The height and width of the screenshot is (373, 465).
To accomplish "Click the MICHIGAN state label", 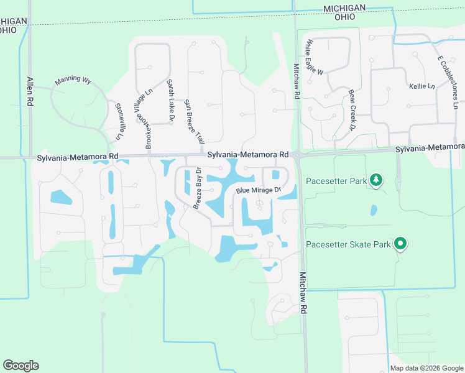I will [344, 7].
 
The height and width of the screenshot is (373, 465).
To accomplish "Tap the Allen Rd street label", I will [29, 91].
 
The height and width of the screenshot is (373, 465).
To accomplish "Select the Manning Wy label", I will [73, 81].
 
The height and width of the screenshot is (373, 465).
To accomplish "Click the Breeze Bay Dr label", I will [197, 188].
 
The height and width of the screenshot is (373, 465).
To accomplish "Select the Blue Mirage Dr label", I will [259, 190].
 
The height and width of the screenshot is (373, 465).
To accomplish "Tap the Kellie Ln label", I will [421, 86].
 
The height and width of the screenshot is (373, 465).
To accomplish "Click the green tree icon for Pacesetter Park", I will [375, 181].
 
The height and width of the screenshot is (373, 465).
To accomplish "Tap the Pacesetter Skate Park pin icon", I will [401, 244].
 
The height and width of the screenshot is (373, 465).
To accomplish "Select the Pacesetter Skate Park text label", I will [348, 244].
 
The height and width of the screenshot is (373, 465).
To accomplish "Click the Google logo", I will [21, 366].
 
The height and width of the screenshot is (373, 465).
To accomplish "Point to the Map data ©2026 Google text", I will [426, 368].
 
